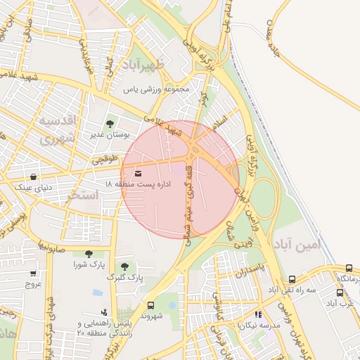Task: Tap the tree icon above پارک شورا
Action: [89, 255]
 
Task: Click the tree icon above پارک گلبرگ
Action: [124, 266]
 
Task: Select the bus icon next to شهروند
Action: [151, 305]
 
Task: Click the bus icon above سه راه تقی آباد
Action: [292, 279]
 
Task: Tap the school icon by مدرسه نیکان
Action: [258, 314]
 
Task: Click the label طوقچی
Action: [105, 160]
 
